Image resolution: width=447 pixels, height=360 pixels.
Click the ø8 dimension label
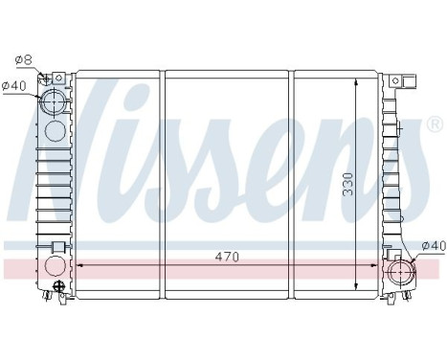click(23, 60)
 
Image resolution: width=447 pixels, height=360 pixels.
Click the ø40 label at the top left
click(13, 87)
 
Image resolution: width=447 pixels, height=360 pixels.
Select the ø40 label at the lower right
click(434, 246)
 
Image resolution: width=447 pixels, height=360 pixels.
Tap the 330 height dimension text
click(348, 182)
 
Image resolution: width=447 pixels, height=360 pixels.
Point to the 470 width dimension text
click(226, 256)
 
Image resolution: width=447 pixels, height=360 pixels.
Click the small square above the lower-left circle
click(57, 248)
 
